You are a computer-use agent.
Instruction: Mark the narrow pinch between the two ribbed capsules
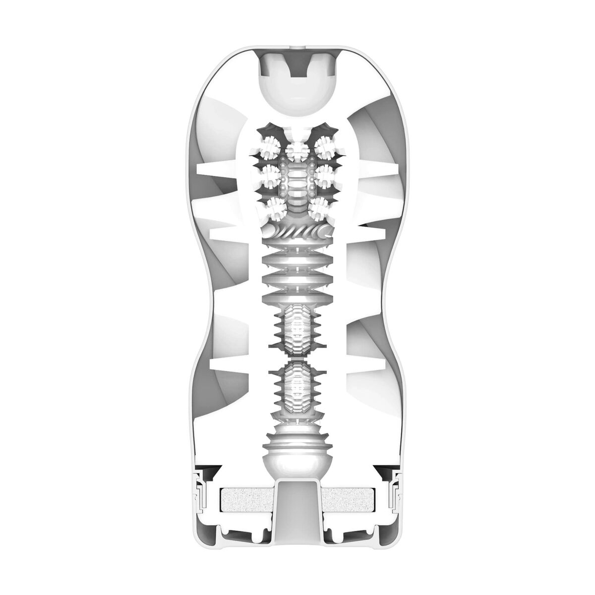(x=297, y=357)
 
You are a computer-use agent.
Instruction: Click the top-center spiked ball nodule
(x=297, y=149)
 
